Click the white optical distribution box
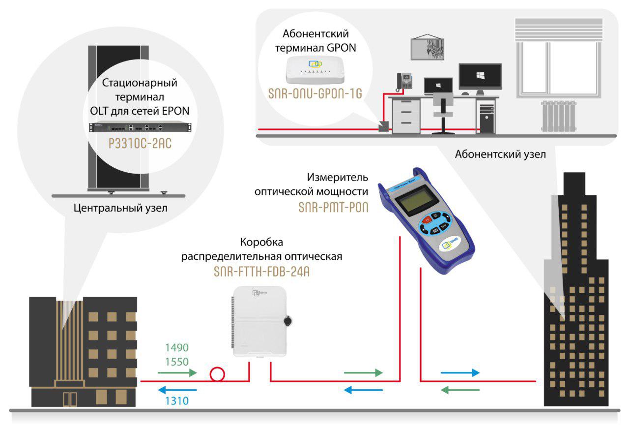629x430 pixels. coord(258,322)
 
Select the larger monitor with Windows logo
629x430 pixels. coord(480,77)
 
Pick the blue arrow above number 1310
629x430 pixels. coord(177,391)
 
